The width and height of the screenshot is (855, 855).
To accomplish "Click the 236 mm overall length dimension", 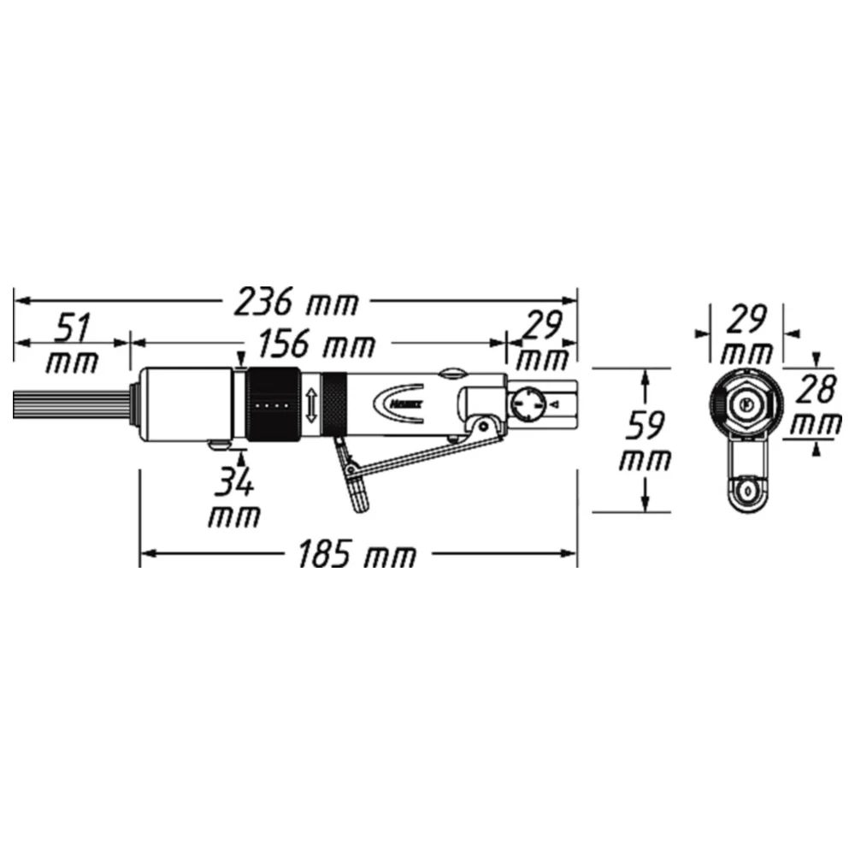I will (x=297, y=301).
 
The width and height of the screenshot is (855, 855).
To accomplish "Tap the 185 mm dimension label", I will (x=357, y=556).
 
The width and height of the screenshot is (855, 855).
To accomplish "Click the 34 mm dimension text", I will (x=233, y=500).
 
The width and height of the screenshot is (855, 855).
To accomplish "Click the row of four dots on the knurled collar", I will (x=272, y=404).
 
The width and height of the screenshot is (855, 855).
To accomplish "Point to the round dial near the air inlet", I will (x=528, y=403).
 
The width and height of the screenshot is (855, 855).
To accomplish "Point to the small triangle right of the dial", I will (x=557, y=403).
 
